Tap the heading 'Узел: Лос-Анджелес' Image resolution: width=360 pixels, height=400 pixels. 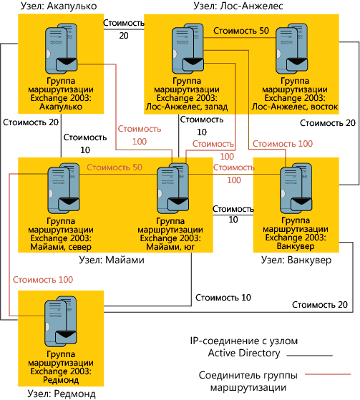click(238, 6)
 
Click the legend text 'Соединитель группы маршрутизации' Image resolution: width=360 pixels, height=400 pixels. click(247, 381)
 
